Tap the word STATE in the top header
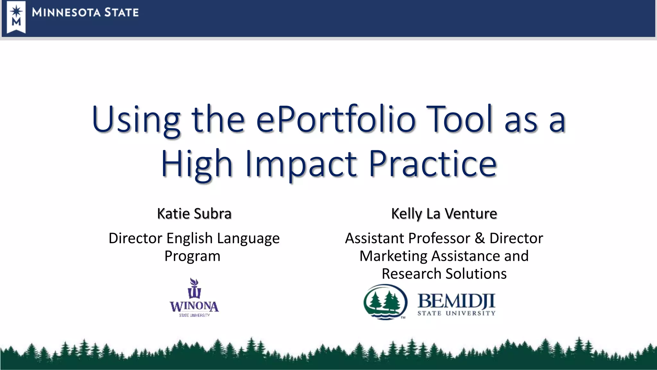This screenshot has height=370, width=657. coord(122,13)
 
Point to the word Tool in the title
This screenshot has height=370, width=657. coord(459,119)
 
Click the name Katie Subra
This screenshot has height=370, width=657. coord(194,214)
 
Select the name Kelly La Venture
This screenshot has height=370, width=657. coord(444,214)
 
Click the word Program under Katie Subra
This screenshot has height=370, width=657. coord(192,256)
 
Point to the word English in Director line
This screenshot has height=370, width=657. coord(189,239)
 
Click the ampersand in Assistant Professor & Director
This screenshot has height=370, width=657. coord(480,239)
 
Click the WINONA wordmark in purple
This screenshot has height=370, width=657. coord(194,306)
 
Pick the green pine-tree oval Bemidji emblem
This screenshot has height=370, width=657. coord(385,302)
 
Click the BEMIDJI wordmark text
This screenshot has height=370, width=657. coord(456,301)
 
